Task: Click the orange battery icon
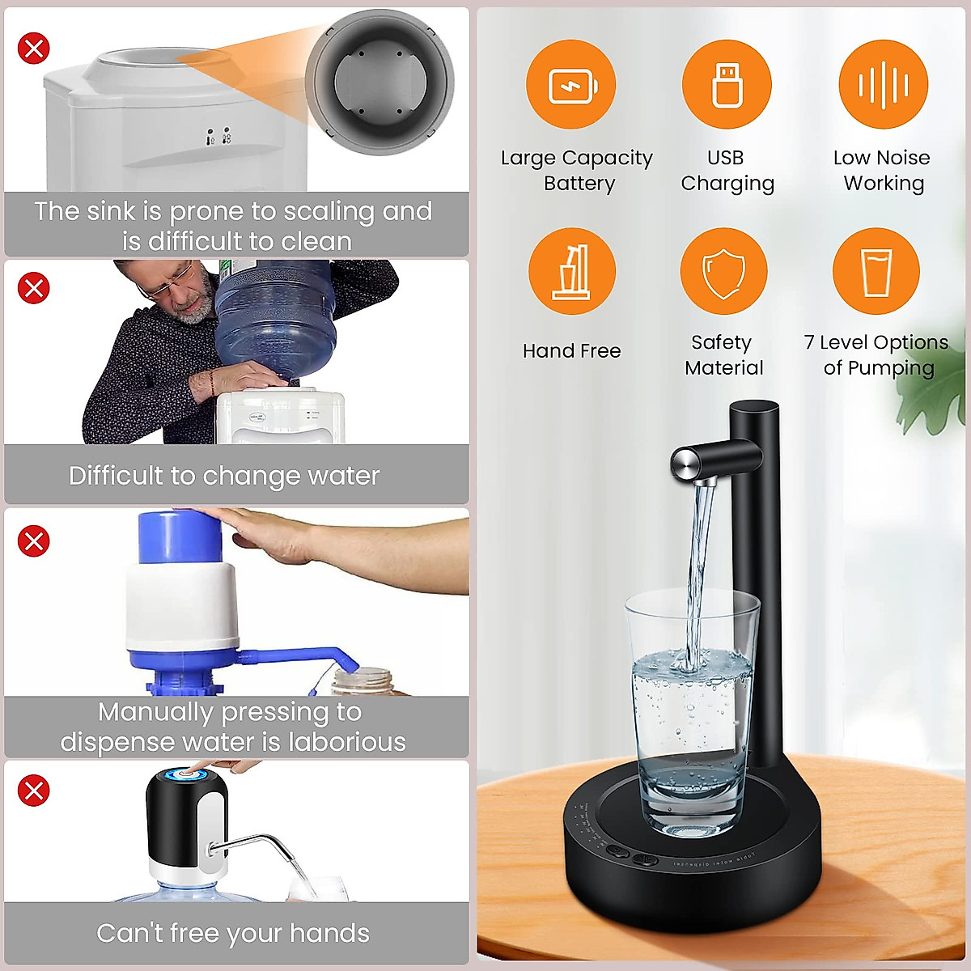coord(570,84)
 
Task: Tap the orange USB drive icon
coord(727,84)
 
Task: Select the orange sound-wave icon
coord(883,84)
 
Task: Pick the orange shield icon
coord(723,272)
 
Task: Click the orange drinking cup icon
coord(876,272)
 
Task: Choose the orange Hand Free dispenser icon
coord(572,272)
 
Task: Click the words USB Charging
coord(727,171)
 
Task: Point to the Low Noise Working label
coord(882,171)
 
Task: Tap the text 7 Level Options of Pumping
coord(877,355)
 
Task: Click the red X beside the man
coord(34,288)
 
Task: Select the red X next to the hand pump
coord(34,541)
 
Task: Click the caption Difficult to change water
coord(224,476)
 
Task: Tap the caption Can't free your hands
coord(233,933)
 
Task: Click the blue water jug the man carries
coord(275,320)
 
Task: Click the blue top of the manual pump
coord(176,536)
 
